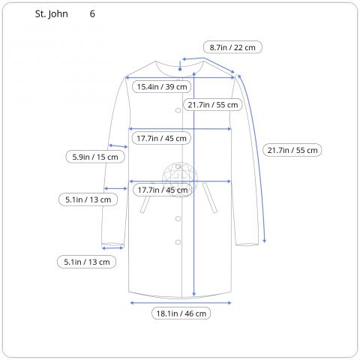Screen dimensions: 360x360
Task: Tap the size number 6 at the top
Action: coord(92,14)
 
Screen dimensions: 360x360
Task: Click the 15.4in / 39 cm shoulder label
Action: coord(161,87)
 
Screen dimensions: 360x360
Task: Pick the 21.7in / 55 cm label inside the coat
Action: coord(213,105)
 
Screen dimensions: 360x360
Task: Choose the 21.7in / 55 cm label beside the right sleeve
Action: coord(292,150)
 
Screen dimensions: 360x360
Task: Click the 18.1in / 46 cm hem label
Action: coord(181,313)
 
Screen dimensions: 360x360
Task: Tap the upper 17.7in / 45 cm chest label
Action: coord(161,138)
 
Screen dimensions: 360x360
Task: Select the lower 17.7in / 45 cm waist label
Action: coord(161,190)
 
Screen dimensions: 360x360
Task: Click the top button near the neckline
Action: coord(178,110)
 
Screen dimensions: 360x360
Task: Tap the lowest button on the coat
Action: coord(178,241)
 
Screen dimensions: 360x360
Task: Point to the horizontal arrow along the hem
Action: coord(180,302)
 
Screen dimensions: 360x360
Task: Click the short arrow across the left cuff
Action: coord(112,246)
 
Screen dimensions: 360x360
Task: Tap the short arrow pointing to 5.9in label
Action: coord(118,145)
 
